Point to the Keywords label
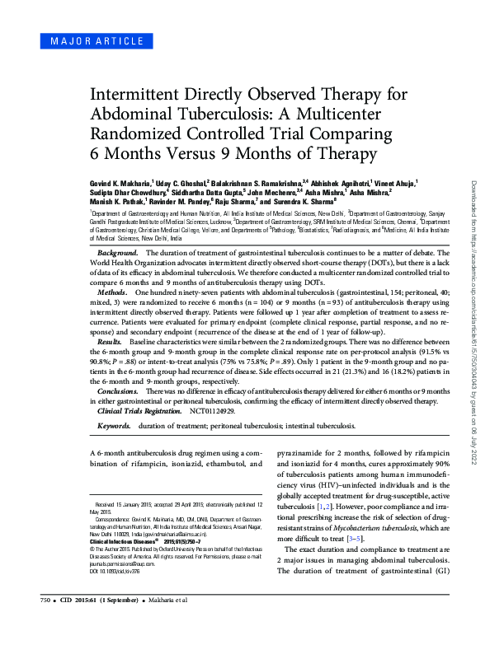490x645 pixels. pos(115,427)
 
